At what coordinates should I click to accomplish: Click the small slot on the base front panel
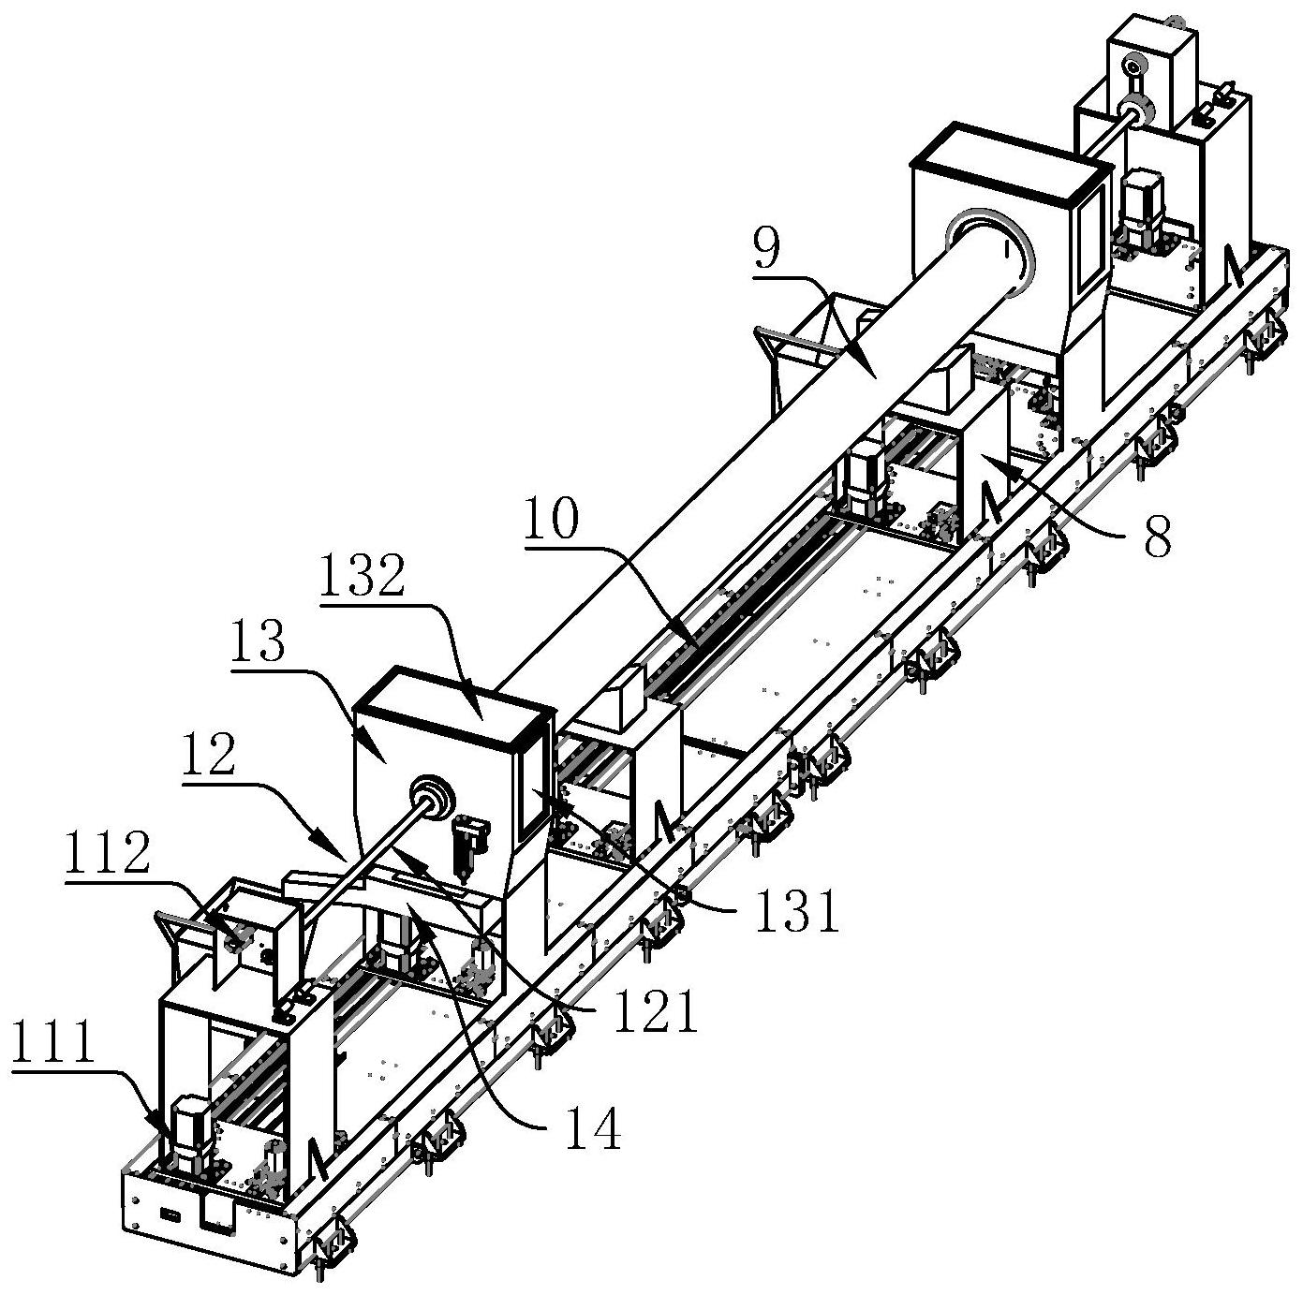pyautogui.click(x=170, y=1215)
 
